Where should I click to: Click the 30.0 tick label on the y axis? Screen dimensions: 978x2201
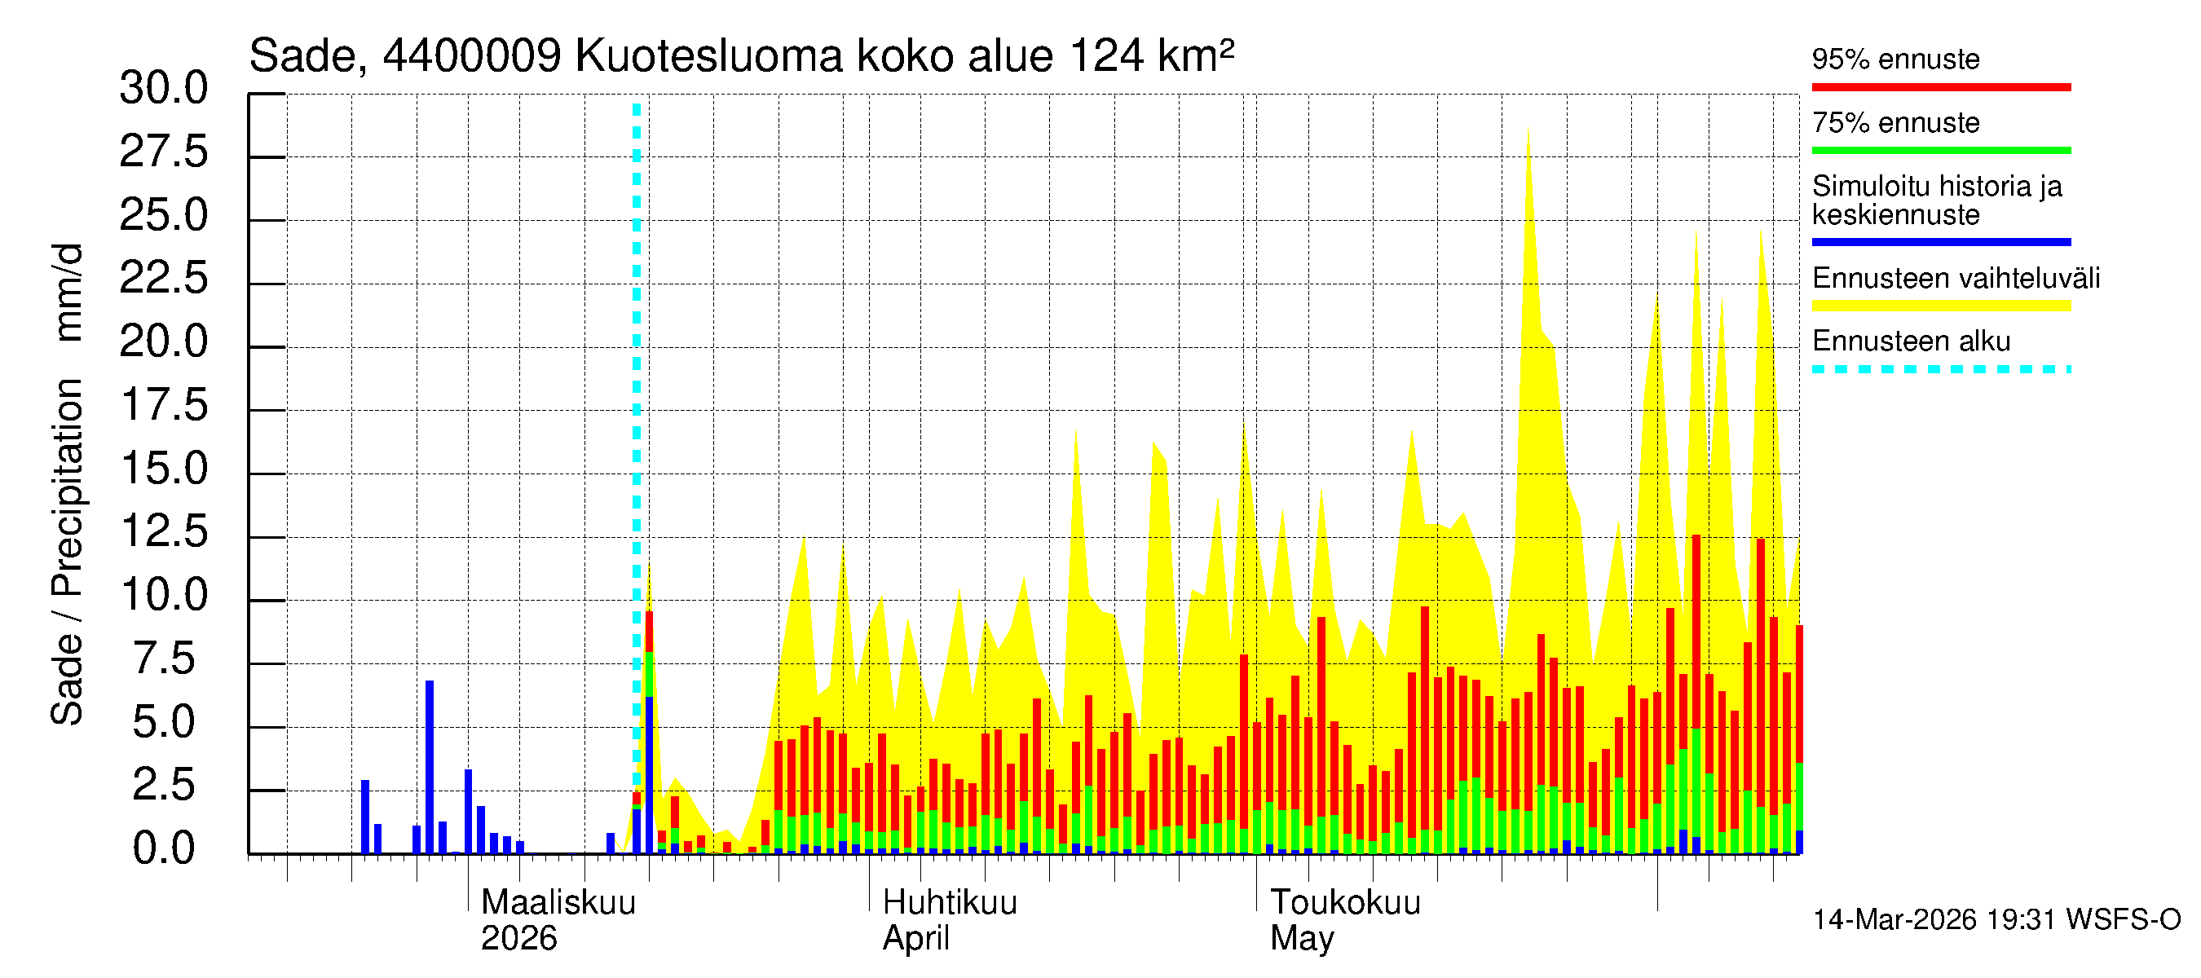(163, 89)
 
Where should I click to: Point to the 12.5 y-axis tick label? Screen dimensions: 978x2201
(165, 532)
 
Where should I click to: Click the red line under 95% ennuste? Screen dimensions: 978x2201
(1940, 87)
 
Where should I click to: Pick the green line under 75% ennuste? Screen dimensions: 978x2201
(1940, 150)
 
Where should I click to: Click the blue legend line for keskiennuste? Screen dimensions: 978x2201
(1940, 242)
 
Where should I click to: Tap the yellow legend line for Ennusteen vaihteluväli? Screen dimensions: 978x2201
(1940, 306)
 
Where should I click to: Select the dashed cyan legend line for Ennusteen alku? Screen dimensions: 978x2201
(1940, 369)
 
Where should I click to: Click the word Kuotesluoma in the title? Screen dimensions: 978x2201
(709, 57)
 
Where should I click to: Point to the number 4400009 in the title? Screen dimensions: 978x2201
(472, 57)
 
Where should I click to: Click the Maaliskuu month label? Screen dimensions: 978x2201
(558, 903)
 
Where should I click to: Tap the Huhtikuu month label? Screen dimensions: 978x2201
(949, 903)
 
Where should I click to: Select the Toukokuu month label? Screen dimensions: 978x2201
(1345, 903)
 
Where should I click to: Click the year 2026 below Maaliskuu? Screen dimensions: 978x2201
(518, 939)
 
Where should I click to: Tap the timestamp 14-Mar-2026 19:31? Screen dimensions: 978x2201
(1934, 920)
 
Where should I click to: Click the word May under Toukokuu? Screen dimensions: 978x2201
(1301, 939)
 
